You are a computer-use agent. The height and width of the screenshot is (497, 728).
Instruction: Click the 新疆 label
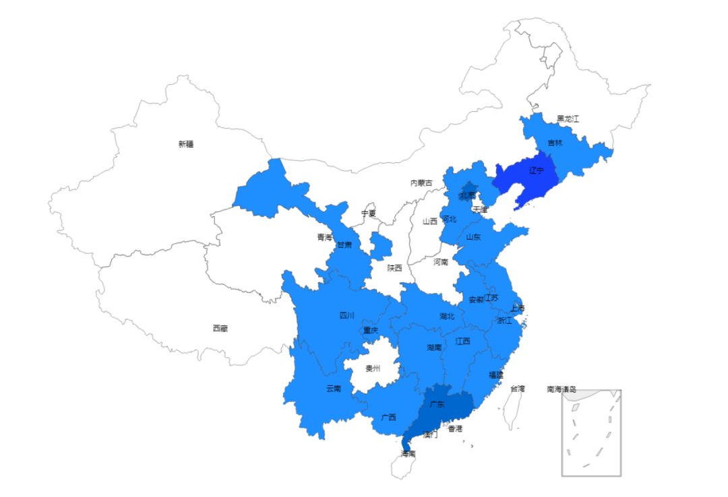point(186,144)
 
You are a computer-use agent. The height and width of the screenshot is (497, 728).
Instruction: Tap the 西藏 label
point(220,329)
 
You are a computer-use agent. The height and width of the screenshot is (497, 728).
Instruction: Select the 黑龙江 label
point(568,119)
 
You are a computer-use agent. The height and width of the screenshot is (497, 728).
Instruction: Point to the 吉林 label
point(555,143)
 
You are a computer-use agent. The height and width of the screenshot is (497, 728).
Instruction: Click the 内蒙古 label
point(422,183)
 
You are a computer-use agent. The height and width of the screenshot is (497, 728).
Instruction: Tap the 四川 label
point(346,315)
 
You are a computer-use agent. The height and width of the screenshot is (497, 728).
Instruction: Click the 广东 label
point(437,405)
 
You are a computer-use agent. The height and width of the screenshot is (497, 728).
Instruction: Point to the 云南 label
point(333,389)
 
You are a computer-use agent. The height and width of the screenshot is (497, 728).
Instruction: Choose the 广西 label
point(388,418)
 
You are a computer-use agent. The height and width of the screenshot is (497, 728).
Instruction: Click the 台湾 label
point(517,389)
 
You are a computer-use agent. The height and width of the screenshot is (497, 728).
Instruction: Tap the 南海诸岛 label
point(562,389)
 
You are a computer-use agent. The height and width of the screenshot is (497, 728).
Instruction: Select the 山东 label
point(473,237)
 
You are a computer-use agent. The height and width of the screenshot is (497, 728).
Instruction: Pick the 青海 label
point(325,237)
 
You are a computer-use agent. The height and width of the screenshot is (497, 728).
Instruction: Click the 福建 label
point(495,375)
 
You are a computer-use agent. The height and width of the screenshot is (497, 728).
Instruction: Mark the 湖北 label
point(447,316)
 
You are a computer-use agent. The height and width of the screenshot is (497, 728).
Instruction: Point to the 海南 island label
point(408,454)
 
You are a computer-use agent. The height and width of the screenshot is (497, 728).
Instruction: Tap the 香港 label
point(456,429)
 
